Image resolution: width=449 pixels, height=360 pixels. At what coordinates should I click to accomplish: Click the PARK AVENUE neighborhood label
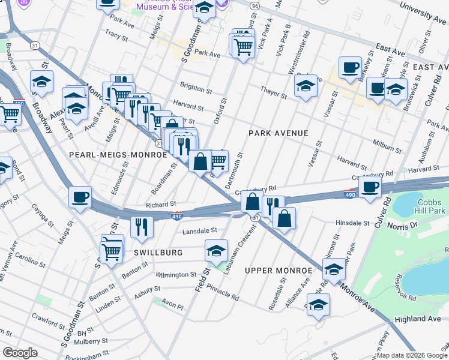(x=279, y=133)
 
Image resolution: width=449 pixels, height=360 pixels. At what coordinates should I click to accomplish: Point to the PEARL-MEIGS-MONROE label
(x=118, y=155)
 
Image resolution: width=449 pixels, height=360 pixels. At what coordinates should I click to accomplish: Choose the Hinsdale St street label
(x=352, y=223)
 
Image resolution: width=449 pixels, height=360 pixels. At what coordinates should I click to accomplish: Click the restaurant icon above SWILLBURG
(x=142, y=226)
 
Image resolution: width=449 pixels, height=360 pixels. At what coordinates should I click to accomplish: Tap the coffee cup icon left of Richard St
(x=80, y=197)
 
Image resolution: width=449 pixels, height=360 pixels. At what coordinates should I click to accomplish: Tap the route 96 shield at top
(x=255, y=5)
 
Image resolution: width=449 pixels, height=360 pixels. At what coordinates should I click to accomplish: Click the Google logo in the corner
(x=20, y=353)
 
